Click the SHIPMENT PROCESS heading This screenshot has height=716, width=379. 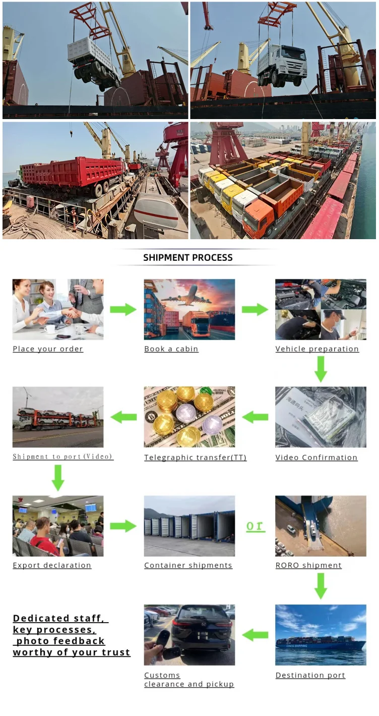188,257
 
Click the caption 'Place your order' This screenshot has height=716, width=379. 48,349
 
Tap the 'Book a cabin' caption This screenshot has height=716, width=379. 171,349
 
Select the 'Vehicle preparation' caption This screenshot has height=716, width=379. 317,349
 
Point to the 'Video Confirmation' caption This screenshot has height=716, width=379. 317,458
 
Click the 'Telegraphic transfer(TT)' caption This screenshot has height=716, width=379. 196,458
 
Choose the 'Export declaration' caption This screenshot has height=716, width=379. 52,566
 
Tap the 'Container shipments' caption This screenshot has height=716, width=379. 188,566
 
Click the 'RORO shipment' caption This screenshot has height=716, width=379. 308,566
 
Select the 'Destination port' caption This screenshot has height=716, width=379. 310,676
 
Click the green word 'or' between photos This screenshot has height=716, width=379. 255,526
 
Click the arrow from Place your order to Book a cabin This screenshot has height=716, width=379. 123,309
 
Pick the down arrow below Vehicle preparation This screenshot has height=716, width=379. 321,369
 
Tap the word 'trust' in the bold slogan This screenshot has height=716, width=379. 117,652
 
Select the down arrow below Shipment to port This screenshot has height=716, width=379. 58,477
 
